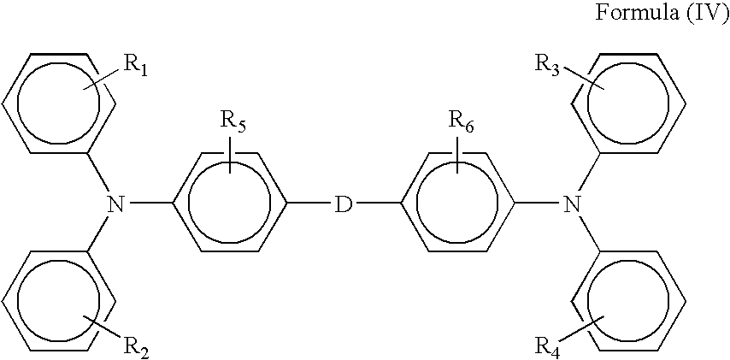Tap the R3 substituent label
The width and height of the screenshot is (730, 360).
pyautogui.click(x=547, y=63)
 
